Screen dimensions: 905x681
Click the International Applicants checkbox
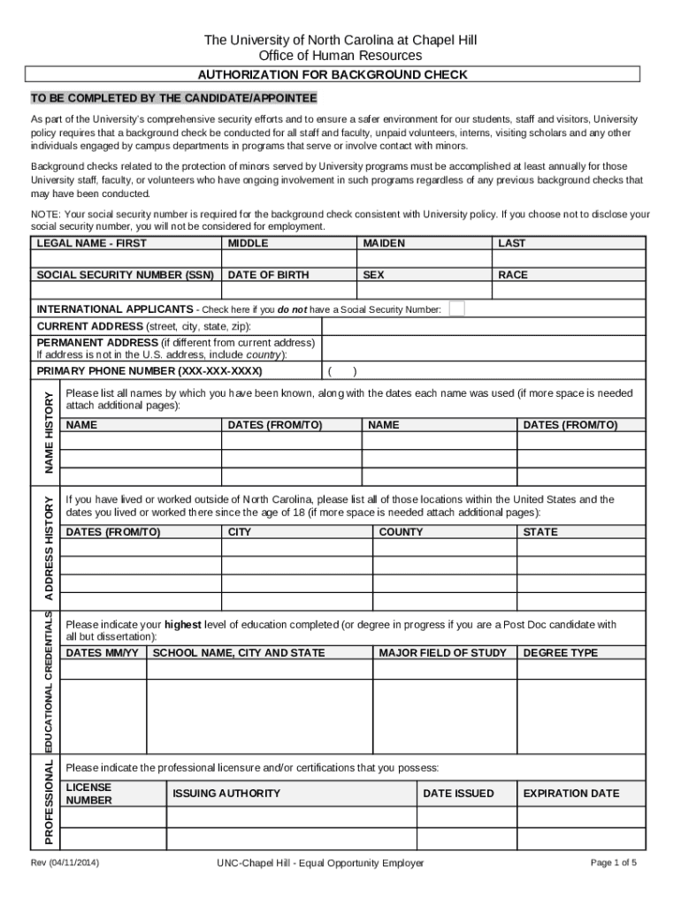pyautogui.click(x=456, y=308)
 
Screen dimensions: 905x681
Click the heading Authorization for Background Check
pyautogui.click(x=332, y=75)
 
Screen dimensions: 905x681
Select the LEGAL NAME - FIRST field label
pyautogui.click(x=91, y=243)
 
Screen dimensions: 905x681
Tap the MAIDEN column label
pyautogui.click(x=384, y=243)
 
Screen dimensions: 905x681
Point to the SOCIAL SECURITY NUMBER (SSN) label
pyautogui.click(x=125, y=275)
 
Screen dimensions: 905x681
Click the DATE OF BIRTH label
pyautogui.click(x=268, y=275)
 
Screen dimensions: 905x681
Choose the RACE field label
pyautogui.click(x=513, y=275)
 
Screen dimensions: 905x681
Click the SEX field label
pyautogui.click(x=373, y=275)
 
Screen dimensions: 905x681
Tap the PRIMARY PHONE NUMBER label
pyautogui.click(x=149, y=370)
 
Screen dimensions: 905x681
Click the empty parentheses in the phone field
pyautogui.click(x=342, y=371)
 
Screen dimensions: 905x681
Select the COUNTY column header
pyautogui.click(x=401, y=532)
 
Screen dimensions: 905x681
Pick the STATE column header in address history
pyautogui.click(x=540, y=532)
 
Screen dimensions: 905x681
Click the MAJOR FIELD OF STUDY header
pyautogui.click(x=442, y=653)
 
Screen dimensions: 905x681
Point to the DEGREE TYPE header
pyautogui.click(x=561, y=653)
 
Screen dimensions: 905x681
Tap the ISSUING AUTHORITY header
pyautogui.click(x=226, y=794)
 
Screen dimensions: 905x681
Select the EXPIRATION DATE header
pyautogui.click(x=570, y=794)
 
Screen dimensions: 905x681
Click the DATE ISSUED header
pyautogui.click(x=458, y=794)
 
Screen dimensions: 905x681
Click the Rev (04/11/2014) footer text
pyautogui.click(x=65, y=863)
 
